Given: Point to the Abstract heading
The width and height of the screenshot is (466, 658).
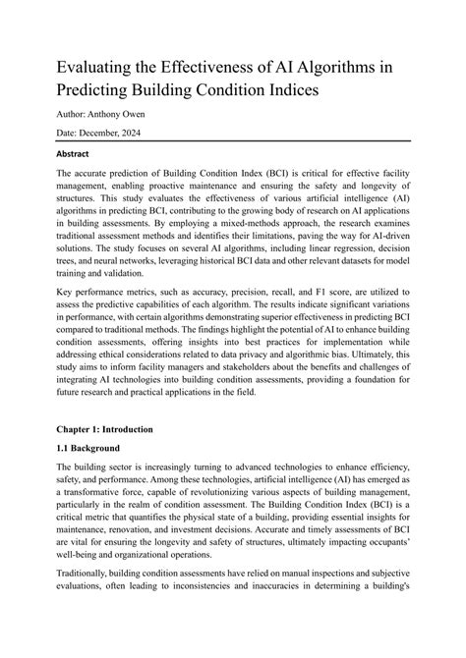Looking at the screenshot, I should [x=80, y=154].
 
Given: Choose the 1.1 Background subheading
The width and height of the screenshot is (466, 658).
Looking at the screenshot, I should [x=98, y=448].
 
